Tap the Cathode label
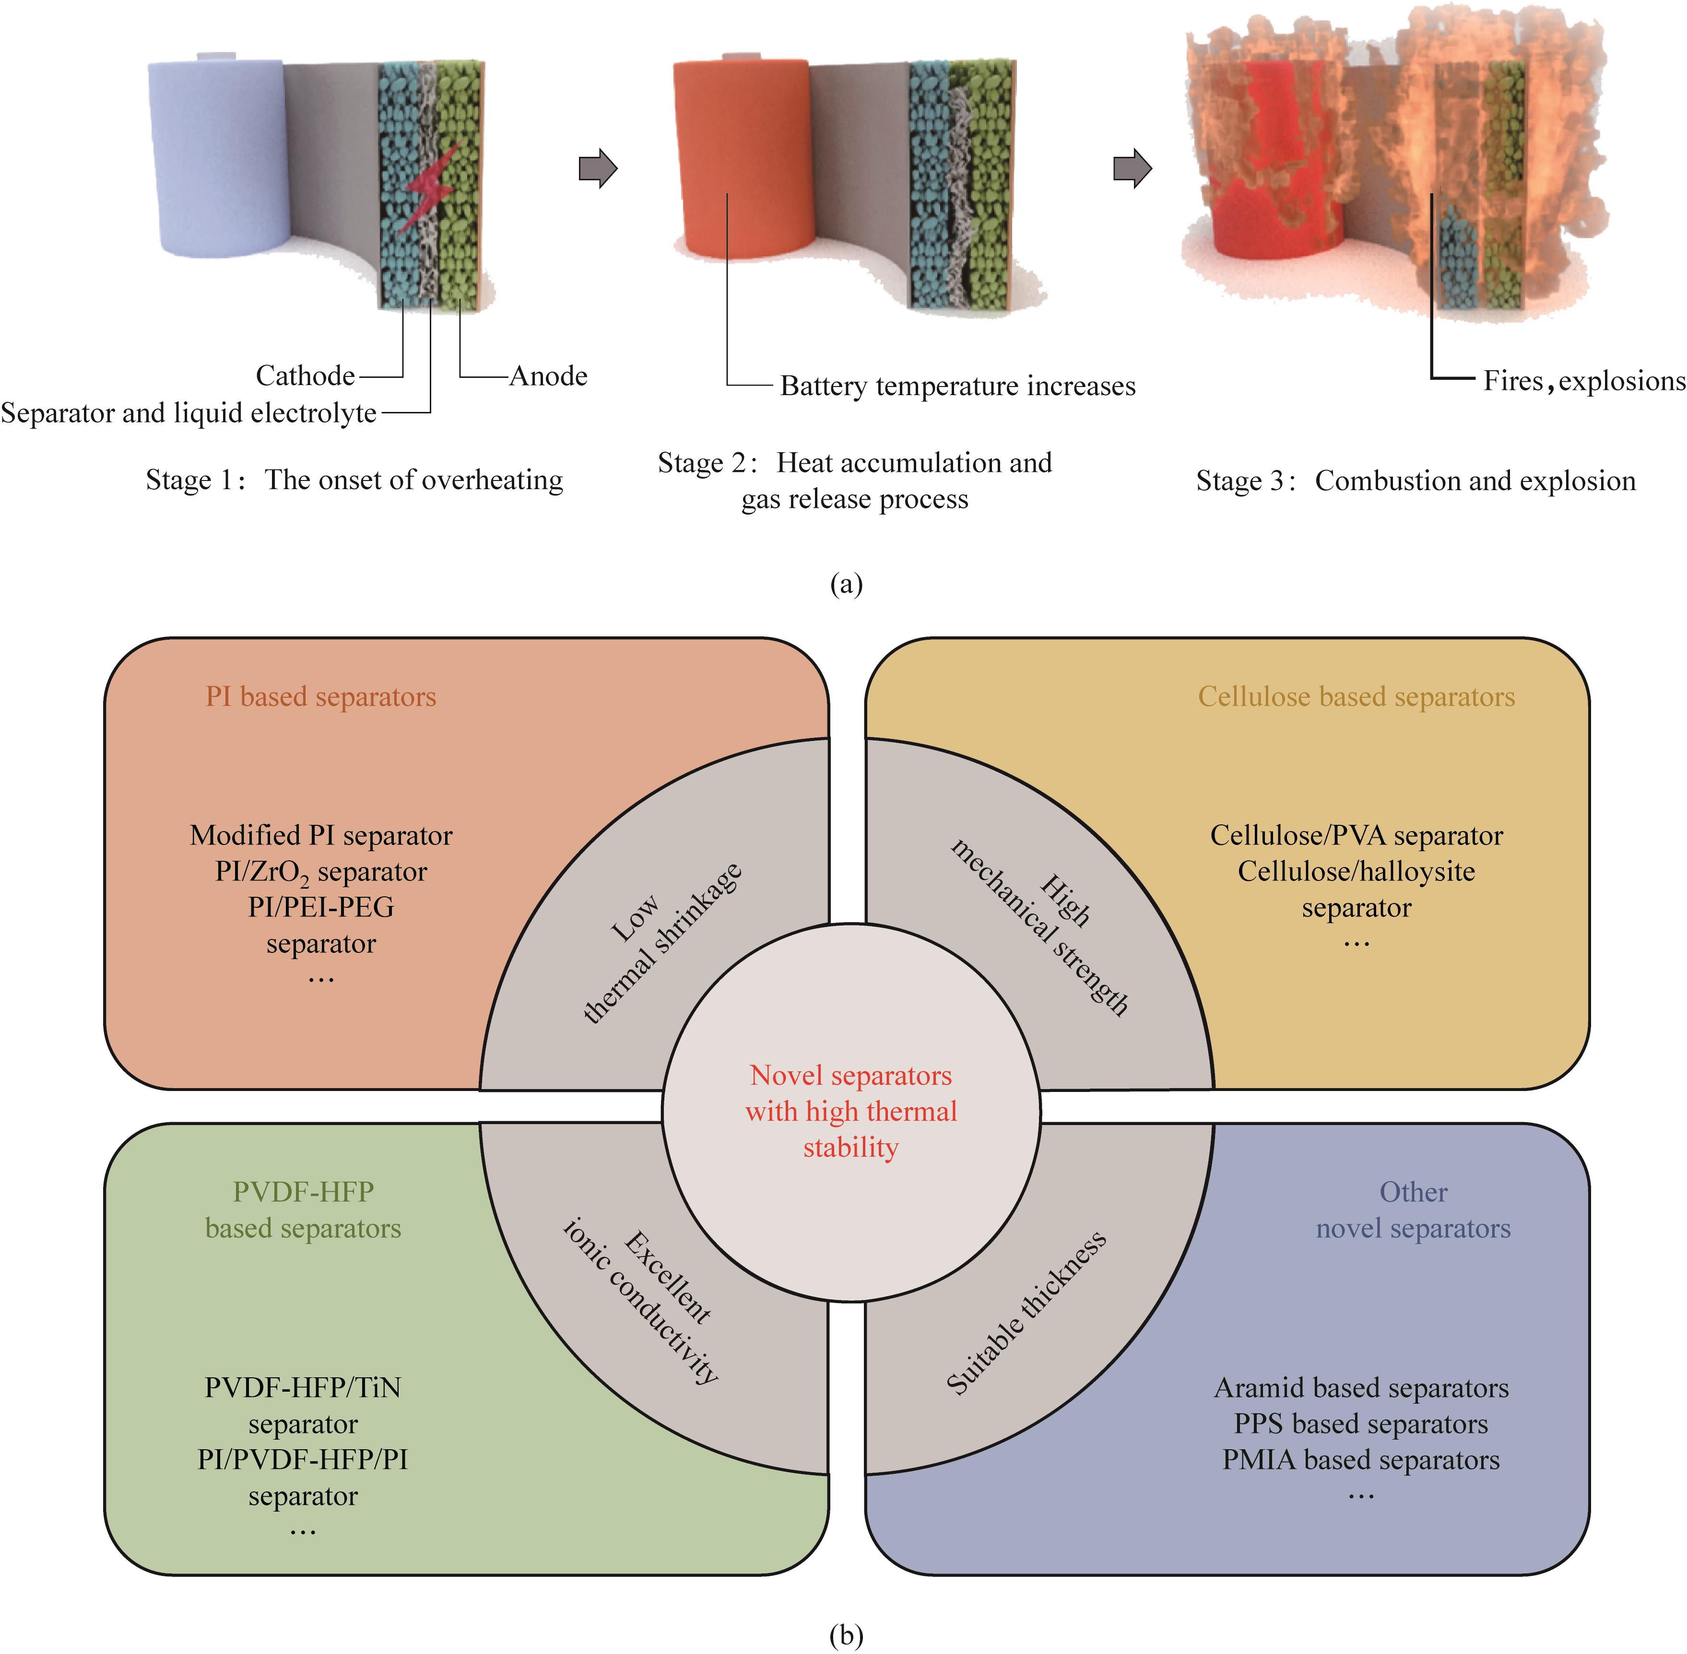pyautogui.click(x=305, y=376)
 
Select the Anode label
pyautogui.click(x=548, y=376)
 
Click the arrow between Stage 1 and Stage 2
pyautogui.click(x=598, y=168)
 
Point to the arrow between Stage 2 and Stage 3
pyautogui.click(x=1132, y=168)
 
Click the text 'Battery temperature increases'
pyautogui.click(x=957, y=386)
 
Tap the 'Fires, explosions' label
pyautogui.click(x=1583, y=380)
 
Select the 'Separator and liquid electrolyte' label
pyautogui.click(x=189, y=412)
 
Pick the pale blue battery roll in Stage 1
pyautogui.click(x=217, y=156)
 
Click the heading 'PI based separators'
pyautogui.click(x=320, y=697)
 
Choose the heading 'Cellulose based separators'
pyautogui.click(x=1356, y=697)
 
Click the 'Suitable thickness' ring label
pyautogui.click(x=1026, y=1313)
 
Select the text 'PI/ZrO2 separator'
pyautogui.click(x=320, y=871)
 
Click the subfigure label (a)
pyautogui.click(x=846, y=584)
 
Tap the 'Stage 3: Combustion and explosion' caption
pyautogui.click(x=1415, y=481)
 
